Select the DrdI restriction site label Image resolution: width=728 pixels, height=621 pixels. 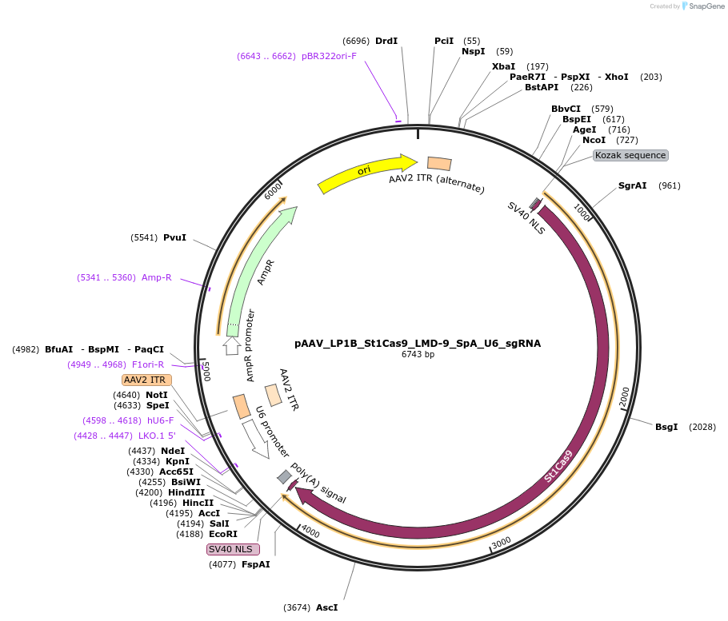click(386, 41)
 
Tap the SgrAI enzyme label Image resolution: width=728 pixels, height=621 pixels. click(632, 185)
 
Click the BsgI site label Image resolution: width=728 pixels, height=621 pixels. click(666, 427)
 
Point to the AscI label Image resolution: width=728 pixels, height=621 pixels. click(326, 607)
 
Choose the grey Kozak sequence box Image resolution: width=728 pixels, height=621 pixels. click(630, 155)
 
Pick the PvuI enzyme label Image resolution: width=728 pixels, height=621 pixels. click(174, 237)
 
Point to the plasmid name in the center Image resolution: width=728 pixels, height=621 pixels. click(418, 344)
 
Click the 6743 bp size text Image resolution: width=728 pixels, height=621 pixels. click(418, 354)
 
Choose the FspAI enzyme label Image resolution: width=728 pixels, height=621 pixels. click(256, 564)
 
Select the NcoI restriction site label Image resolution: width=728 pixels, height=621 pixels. click(594, 140)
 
